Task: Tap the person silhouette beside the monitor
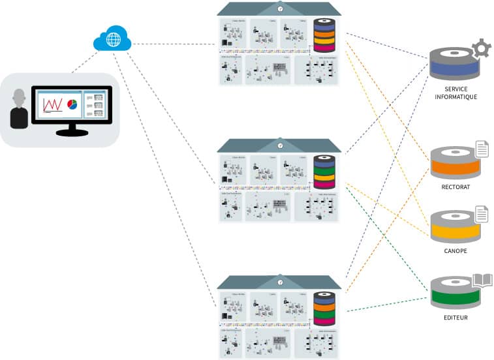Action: (19, 109)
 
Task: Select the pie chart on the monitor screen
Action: (72, 105)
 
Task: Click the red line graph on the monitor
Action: (52, 104)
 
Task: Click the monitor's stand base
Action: (72, 133)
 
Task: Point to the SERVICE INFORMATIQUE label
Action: (456, 93)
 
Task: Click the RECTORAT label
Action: (455, 187)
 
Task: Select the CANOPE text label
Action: (455, 251)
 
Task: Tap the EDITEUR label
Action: (455, 318)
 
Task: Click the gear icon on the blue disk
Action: (482, 48)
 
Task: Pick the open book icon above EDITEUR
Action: (482, 280)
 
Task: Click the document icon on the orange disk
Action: (482, 149)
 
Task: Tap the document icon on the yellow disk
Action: (482, 214)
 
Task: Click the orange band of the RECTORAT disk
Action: (455, 167)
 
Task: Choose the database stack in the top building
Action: (324, 36)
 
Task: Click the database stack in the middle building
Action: (324, 172)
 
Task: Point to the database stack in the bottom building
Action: (324, 309)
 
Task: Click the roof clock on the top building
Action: (280, 8)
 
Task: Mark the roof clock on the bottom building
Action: (280, 282)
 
